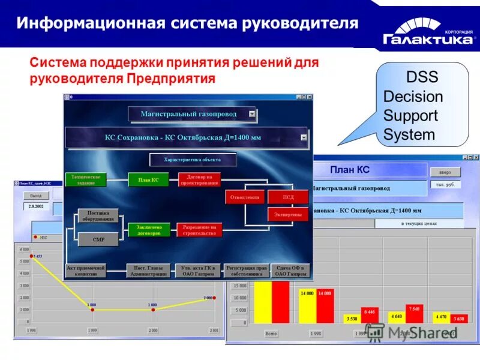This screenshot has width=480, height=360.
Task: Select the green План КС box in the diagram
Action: pos(148,179)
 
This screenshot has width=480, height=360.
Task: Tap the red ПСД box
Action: pos(288,196)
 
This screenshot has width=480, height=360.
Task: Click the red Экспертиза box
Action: pos(287,214)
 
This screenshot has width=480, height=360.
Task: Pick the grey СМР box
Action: pos(98,239)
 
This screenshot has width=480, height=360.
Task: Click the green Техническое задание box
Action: pos(85,179)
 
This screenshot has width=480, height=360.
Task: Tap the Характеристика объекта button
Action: pos(193,160)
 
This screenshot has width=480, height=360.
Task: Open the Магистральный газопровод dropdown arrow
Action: pos(252,113)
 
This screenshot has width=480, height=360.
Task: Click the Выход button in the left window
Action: pos(36,196)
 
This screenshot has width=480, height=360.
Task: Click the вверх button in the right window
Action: pos(445,172)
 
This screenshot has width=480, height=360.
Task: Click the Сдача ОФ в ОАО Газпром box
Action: pos(290,271)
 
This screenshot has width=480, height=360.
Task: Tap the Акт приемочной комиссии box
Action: pos(85,271)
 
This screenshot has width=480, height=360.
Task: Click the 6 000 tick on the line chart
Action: pos(24,250)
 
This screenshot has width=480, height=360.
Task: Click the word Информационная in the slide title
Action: pos(90,24)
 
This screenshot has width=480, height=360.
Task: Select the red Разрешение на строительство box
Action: pos(199,229)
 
